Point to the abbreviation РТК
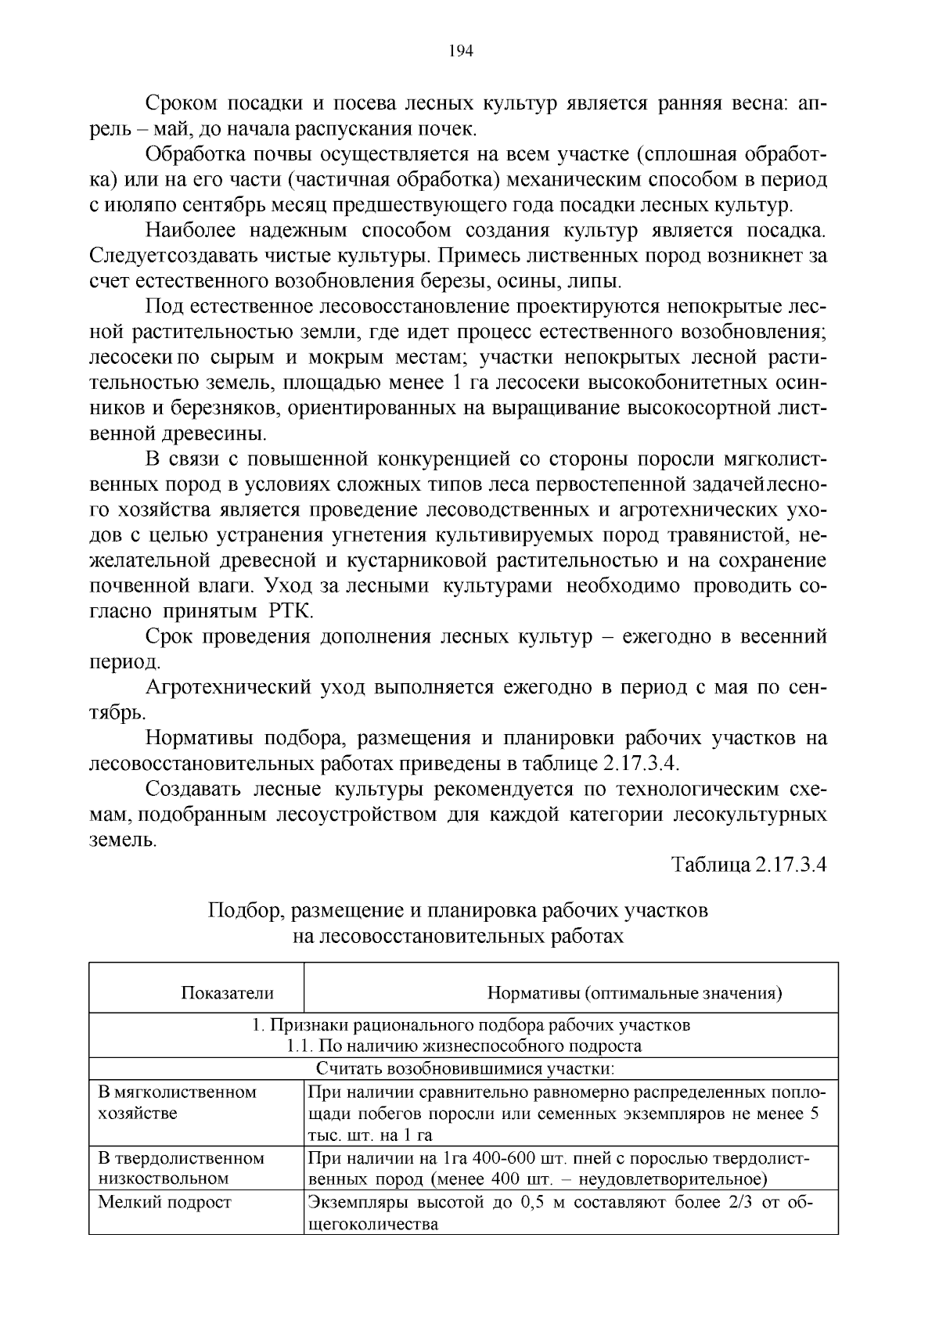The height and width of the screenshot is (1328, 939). pyautogui.click(x=290, y=611)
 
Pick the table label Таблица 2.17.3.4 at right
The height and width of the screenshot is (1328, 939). pyautogui.click(x=749, y=866)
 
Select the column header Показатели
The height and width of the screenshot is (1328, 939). pyautogui.click(x=227, y=994)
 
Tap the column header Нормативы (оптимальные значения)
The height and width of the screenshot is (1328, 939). pyautogui.click(x=635, y=994)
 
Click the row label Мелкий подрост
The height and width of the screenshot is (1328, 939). pyautogui.click(x=164, y=1202)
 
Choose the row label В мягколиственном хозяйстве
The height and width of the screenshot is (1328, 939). pyautogui.click(x=177, y=1102)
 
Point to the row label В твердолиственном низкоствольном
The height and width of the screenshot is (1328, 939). pyautogui.click(x=180, y=1168)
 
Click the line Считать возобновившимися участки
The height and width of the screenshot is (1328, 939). pyautogui.click(x=465, y=1068)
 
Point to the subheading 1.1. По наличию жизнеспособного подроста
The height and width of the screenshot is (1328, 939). pyautogui.click(x=464, y=1046)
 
